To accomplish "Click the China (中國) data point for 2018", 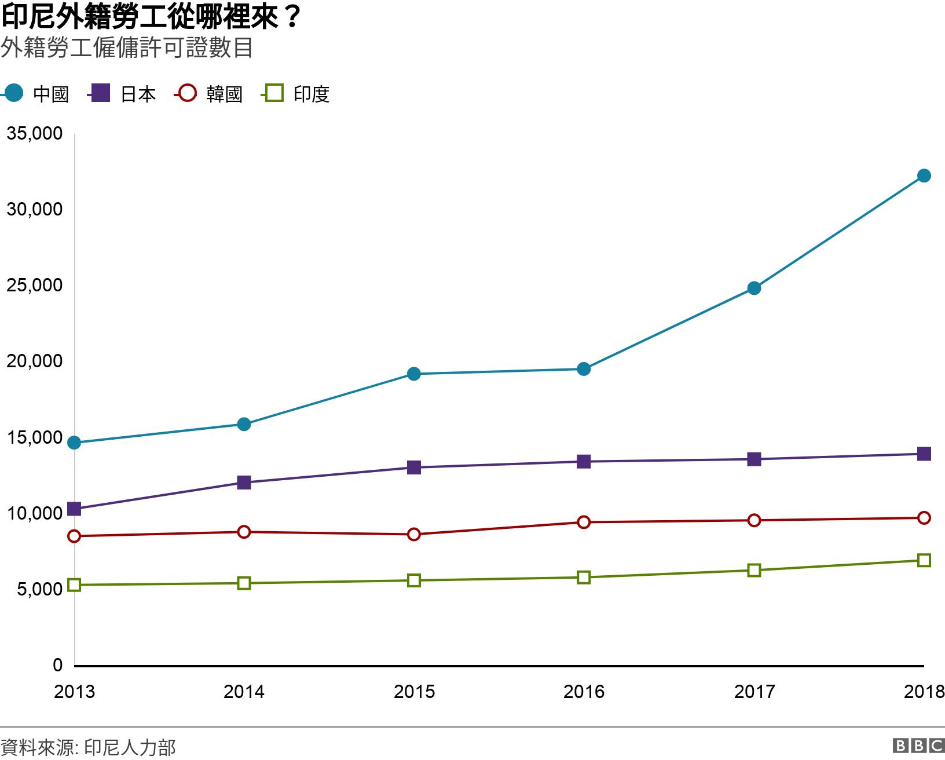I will click(x=924, y=176).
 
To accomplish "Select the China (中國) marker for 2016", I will click(x=584, y=369).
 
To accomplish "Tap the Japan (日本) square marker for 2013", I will click(x=74, y=509).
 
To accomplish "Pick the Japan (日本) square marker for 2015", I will click(x=414, y=467).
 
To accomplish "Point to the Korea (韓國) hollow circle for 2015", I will click(x=414, y=534).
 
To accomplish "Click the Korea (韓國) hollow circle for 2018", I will click(x=924, y=518).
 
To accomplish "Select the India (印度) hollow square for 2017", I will click(x=754, y=570).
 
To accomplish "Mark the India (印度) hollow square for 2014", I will click(x=244, y=583).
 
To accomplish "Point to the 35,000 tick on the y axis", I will click(x=34, y=133).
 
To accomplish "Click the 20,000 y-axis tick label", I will click(x=34, y=361).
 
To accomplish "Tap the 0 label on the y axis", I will click(x=57, y=665).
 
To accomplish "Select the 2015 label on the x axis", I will click(x=414, y=692).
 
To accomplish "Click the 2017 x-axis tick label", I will click(x=754, y=692).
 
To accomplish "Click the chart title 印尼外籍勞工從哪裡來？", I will click(x=151, y=17).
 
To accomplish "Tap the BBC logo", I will click(x=918, y=746).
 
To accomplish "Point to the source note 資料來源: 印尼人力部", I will click(x=88, y=747).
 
